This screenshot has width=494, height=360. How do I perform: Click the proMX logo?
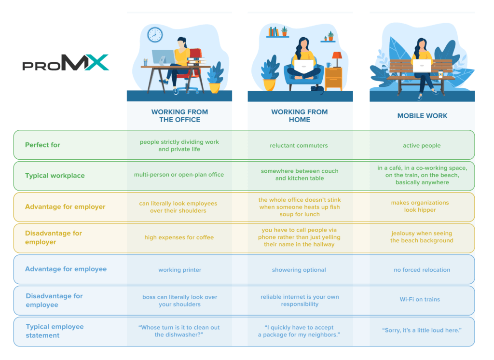66,62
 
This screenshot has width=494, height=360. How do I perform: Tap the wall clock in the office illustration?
155,35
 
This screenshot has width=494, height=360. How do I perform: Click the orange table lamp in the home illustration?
337,59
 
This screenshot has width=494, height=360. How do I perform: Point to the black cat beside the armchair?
317,89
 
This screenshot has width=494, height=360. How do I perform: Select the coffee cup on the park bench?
440,74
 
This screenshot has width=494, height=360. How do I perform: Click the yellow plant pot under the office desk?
215,88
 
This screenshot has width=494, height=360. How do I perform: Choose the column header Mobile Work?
422,116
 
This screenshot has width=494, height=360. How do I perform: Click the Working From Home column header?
300,116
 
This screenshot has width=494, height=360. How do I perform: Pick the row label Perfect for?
42,145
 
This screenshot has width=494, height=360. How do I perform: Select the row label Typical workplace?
55,176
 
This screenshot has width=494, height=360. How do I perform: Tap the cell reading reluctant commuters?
299,145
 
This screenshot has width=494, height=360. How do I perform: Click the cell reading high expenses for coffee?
179,237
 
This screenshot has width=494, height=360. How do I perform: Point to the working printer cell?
179,270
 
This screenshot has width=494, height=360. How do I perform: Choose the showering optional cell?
299,270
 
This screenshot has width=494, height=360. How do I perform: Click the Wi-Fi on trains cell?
420,300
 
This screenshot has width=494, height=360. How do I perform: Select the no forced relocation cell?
422,270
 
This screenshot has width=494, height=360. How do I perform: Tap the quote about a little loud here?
422,331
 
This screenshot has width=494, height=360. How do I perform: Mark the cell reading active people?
422,146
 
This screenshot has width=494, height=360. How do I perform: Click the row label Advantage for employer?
65,207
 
